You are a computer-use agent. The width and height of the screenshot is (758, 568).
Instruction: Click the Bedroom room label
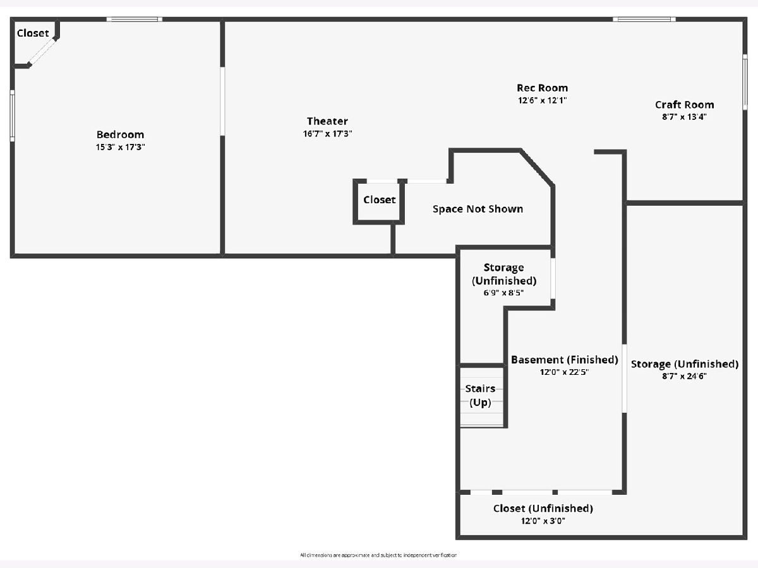click(x=120, y=134)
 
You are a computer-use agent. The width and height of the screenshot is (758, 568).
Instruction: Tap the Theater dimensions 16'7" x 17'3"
click(x=327, y=134)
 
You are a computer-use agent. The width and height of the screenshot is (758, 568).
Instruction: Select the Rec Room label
click(x=542, y=88)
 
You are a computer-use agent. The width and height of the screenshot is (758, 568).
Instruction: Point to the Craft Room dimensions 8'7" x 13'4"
click(x=685, y=117)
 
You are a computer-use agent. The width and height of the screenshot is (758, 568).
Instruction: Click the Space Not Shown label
click(x=478, y=209)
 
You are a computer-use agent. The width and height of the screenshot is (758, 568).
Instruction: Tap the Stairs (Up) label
click(x=480, y=396)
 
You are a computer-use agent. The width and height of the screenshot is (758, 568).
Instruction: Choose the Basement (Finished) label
click(x=565, y=360)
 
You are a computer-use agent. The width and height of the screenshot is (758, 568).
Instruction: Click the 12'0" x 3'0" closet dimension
click(x=543, y=521)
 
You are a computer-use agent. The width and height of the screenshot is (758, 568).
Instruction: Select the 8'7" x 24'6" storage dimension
click(x=685, y=376)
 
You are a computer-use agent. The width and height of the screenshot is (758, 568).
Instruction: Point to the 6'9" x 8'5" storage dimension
click(x=503, y=293)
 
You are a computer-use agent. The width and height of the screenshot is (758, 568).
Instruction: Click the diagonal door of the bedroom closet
click(x=42, y=52)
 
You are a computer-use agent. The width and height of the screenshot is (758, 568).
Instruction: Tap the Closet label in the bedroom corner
click(x=33, y=33)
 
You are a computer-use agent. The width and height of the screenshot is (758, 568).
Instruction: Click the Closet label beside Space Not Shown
click(x=380, y=199)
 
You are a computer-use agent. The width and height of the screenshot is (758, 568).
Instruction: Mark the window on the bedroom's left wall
click(x=13, y=115)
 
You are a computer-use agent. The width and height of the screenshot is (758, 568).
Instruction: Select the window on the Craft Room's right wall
click(x=745, y=82)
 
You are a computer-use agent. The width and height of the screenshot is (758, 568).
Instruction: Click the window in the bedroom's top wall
click(x=135, y=20)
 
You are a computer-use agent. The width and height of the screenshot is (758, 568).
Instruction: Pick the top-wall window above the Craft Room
click(x=644, y=20)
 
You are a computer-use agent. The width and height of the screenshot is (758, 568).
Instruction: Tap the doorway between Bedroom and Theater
click(x=222, y=102)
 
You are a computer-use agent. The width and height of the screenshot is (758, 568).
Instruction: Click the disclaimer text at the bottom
click(x=378, y=555)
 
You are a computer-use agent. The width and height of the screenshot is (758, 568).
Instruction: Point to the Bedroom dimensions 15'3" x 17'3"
click(x=120, y=147)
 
